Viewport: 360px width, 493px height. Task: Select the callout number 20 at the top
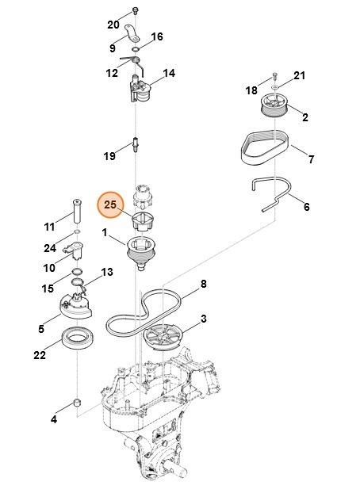pyautogui.click(x=113, y=23)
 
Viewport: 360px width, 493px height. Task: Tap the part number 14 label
pyautogui.click(x=169, y=74)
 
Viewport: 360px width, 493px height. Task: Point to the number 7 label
pyautogui.click(x=311, y=159)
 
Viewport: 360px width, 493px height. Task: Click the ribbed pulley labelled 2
pyautogui.click(x=274, y=107)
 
